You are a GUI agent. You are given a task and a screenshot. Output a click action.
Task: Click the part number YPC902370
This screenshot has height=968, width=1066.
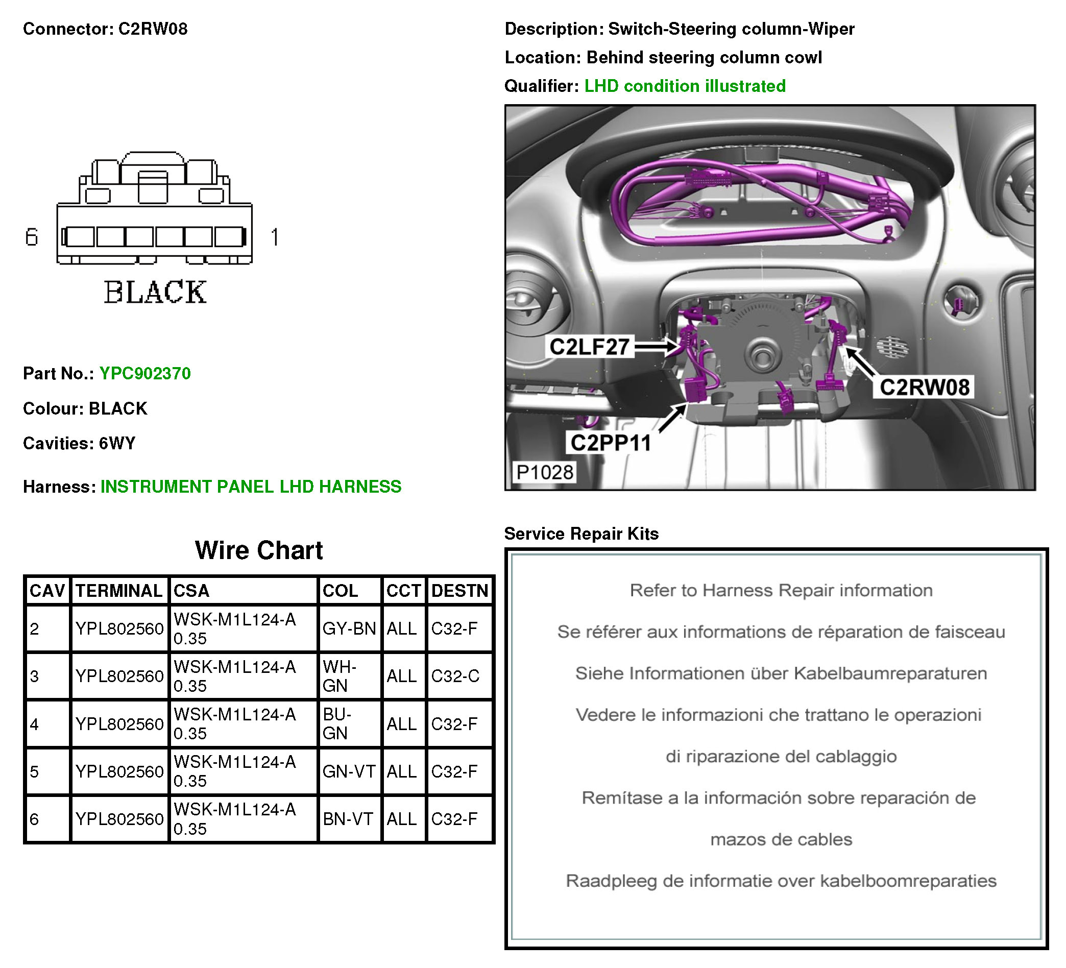click(145, 373)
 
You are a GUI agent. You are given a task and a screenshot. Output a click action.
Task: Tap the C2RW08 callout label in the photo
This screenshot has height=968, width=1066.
click(924, 388)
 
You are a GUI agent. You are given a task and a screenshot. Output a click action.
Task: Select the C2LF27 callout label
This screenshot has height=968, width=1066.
click(590, 347)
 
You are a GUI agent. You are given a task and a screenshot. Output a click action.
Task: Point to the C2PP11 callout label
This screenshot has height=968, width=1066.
click(611, 443)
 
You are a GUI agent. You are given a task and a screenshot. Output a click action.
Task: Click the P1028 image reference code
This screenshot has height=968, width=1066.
click(545, 472)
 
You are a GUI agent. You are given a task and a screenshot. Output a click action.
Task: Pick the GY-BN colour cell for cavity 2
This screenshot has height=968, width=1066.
click(349, 628)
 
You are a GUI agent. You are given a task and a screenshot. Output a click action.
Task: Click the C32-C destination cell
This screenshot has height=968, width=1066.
click(455, 675)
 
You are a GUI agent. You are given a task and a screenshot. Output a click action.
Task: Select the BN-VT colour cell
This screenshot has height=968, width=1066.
click(348, 818)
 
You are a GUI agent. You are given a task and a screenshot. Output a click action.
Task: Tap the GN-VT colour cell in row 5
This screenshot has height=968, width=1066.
click(349, 771)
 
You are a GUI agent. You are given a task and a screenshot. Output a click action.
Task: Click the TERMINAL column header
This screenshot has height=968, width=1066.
click(119, 591)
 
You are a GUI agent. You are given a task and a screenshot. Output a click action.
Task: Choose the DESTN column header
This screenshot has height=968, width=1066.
click(459, 591)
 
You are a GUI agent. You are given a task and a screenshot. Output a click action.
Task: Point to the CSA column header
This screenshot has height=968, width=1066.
click(191, 591)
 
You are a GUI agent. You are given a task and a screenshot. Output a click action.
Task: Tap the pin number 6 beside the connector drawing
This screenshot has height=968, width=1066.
click(32, 237)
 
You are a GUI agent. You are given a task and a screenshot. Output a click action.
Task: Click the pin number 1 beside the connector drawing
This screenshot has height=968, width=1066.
click(275, 237)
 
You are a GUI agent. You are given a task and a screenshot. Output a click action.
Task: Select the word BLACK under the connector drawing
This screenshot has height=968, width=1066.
click(155, 293)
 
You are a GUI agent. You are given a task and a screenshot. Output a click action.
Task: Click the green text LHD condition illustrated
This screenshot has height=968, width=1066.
click(685, 86)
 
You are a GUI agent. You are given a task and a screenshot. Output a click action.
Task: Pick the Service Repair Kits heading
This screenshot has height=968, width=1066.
click(581, 534)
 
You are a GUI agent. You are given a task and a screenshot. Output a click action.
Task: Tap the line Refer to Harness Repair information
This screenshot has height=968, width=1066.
click(781, 590)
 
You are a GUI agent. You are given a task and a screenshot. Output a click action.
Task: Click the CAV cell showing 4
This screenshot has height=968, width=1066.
click(35, 724)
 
